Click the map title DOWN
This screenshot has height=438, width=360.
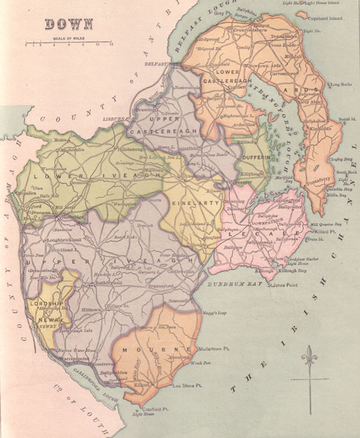coord(69,25)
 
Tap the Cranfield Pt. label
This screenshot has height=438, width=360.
coord(146,409)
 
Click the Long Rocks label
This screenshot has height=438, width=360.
coord(341,85)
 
